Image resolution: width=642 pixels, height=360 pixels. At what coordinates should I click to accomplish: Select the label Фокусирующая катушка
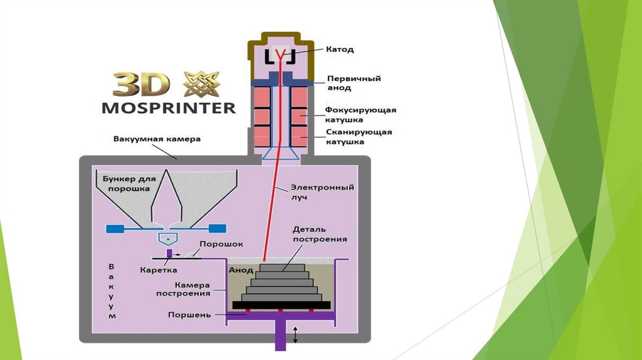coord(360,114)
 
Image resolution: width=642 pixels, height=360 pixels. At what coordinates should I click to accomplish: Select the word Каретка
coord(156,270)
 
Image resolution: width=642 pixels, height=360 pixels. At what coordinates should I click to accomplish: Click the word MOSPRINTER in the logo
coord(169,107)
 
